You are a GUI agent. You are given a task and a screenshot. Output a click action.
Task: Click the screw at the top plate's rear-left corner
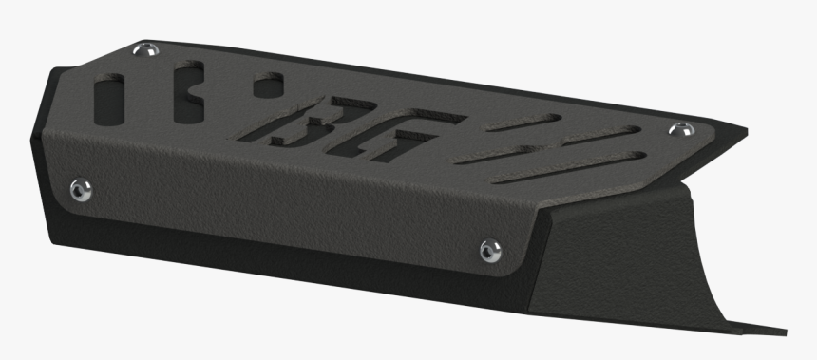(144, 49)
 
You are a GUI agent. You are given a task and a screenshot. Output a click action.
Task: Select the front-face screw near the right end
(489, 250)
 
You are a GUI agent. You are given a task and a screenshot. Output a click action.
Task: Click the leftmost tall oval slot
(109, 97)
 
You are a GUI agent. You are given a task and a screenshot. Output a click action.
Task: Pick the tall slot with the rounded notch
(186, 93)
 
